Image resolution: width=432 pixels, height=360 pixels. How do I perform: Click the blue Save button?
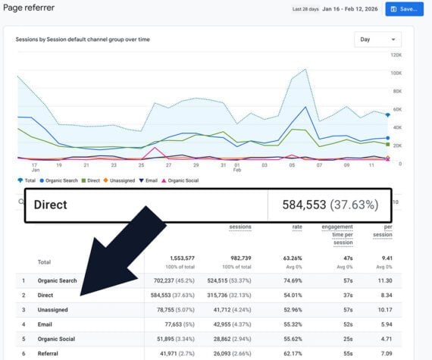tap(404, 9)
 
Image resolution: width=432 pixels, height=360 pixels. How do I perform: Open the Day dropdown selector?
tap(377, 39)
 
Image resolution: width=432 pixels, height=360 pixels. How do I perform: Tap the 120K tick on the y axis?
tap(396, 55)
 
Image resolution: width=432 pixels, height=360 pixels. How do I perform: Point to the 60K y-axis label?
tap(396, 109)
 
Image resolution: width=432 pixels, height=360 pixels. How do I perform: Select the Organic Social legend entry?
tap(186, 180)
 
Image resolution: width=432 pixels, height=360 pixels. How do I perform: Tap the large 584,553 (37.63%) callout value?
tap(330, 205)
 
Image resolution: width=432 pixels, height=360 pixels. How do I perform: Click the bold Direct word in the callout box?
tap(51, 205)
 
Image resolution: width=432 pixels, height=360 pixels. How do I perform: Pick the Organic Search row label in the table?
tap(58, 280)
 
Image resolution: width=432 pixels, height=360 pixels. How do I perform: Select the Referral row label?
tap(49, 352)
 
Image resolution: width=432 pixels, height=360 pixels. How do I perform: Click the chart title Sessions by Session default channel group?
tap(83, 39)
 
